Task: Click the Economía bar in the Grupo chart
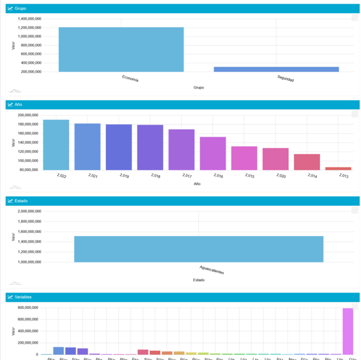121,49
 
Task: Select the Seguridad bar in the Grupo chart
276,69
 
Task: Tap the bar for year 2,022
56,144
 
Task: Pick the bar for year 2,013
338,169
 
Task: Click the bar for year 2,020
276,159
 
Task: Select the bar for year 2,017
181,149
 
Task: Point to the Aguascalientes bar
199,249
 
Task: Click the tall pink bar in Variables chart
348,331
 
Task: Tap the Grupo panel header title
20,8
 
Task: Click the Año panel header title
18,105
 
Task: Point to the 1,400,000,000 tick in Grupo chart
29,19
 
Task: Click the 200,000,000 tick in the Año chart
28,115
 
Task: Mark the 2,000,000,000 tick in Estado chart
28,211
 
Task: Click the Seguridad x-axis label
285,78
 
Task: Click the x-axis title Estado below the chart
198,280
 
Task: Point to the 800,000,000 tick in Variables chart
28,308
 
